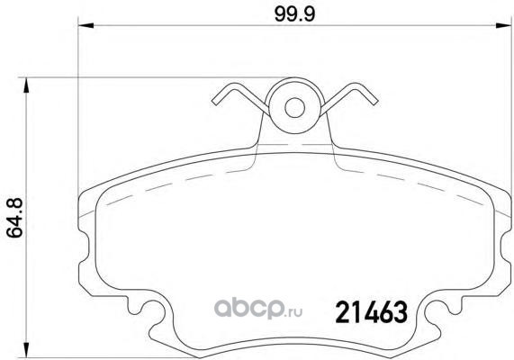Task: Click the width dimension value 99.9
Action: coord(294,14)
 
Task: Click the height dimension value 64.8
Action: coord(14,218)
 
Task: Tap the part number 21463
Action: coord(372,312)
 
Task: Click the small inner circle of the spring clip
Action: coord(294,107)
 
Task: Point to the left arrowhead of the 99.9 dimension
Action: coord(86,25)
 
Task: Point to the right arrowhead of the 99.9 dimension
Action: coord(503,25)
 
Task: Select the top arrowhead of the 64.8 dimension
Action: coord(26,85)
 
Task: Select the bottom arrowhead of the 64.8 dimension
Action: coord(26,350)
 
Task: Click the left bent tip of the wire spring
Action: coord(215,102)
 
